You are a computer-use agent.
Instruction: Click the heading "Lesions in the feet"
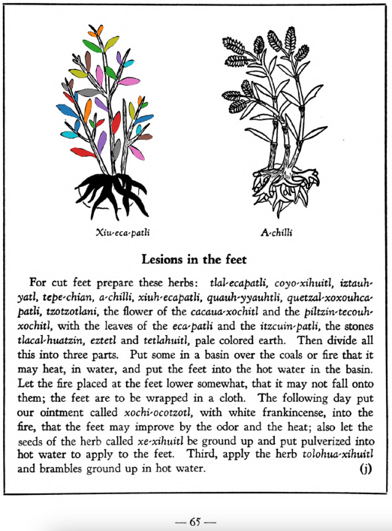(195, 260)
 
